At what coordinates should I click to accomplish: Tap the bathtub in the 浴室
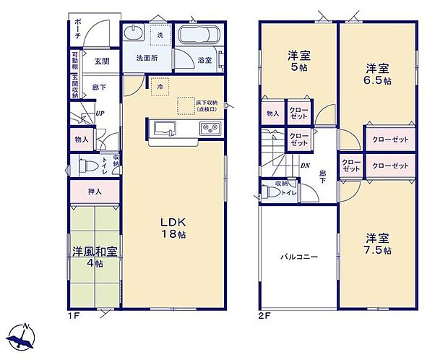coord(197,36)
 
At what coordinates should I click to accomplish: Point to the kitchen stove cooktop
coord(210,129)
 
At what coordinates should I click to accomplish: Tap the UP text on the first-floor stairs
coord(100,113)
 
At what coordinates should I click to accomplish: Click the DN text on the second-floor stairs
coord(305,165)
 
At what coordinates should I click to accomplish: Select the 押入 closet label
coord(95,192)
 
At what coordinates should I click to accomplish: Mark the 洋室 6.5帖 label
coord(377,74)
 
